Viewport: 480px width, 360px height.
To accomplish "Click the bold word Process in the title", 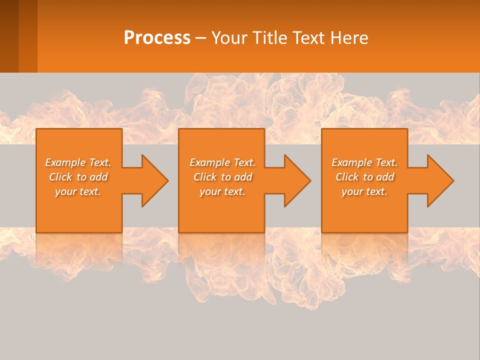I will pyautogui.click(x=157, y=38).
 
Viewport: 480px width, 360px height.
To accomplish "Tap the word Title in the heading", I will pyautogui.click(x=270, y=38).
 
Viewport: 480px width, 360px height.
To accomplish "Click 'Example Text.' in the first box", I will pyautogui.click(x=78, y=162).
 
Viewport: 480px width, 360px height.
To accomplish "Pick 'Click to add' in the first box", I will pyautogui.click(x=78, y=177).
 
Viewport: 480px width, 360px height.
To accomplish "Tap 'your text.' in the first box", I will pyautogui.click(x=78, y=191).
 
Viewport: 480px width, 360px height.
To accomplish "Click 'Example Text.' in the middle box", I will pyautogui.click(x=222, y=162).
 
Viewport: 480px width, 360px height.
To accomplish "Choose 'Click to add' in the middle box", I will pyautogui.click(x=222, y=177).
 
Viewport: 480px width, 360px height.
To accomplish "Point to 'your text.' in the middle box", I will pyautogui.click(x=222, y=191).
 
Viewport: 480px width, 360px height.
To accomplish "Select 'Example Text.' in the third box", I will pyautogui.click(x=364, y=162).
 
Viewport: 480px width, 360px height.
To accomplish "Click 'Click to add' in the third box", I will pyautogui.click(x=364, y=177).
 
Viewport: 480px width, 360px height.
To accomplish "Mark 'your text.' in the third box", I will pyautogui.click(x=364, y=191).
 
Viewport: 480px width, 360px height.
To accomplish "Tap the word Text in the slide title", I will pyautogui.click(x=309, y=38).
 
